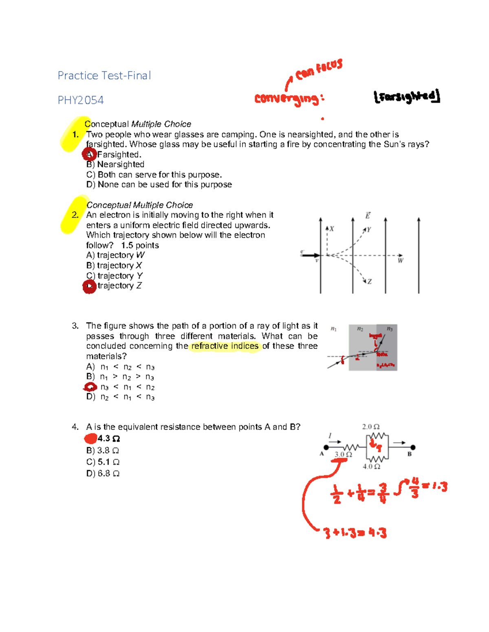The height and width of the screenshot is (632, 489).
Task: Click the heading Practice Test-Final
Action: coord(104,76)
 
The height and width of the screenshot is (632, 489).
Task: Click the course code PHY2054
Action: coord(81,100)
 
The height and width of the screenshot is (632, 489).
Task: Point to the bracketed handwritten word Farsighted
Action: coord(407,97)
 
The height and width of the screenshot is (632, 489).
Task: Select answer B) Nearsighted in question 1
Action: coord(115,164)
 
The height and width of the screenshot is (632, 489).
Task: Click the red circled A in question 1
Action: coord(90,154)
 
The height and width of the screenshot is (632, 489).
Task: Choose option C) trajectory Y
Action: coord(115,276)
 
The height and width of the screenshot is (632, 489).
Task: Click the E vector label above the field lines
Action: coord(368,216)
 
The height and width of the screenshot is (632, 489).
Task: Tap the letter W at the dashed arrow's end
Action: coord(401,261)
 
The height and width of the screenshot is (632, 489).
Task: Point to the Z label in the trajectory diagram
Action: coord(369,282)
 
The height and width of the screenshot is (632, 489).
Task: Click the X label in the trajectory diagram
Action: coord(332,229)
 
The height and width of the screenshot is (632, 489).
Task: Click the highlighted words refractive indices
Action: coord(225,346)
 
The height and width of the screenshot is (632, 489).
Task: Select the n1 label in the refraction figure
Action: coord(333,329)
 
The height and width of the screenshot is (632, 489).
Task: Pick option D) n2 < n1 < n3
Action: coord(121,397)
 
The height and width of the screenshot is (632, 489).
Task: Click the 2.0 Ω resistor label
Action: coord(371,426)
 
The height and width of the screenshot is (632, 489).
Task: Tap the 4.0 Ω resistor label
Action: coord(371,466)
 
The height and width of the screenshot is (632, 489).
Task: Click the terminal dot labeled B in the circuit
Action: coord(413,447)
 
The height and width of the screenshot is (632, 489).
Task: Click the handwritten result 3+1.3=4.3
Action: coord(355,533)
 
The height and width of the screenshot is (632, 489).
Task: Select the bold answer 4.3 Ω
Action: coord(108,438)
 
